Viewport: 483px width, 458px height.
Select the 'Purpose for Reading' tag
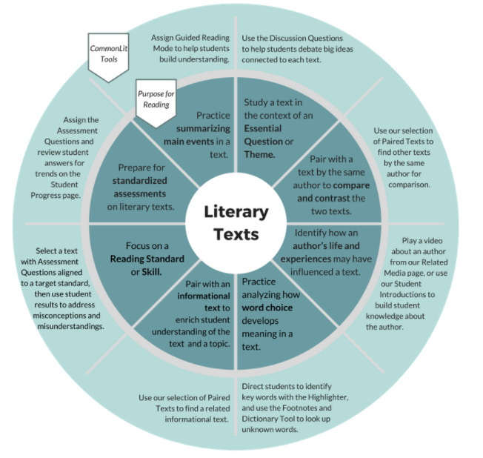156,99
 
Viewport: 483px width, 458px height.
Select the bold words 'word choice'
267,307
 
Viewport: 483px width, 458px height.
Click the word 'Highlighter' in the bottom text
338,397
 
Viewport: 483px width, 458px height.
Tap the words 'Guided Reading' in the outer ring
204,37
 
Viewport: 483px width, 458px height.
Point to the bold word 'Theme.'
260,154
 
